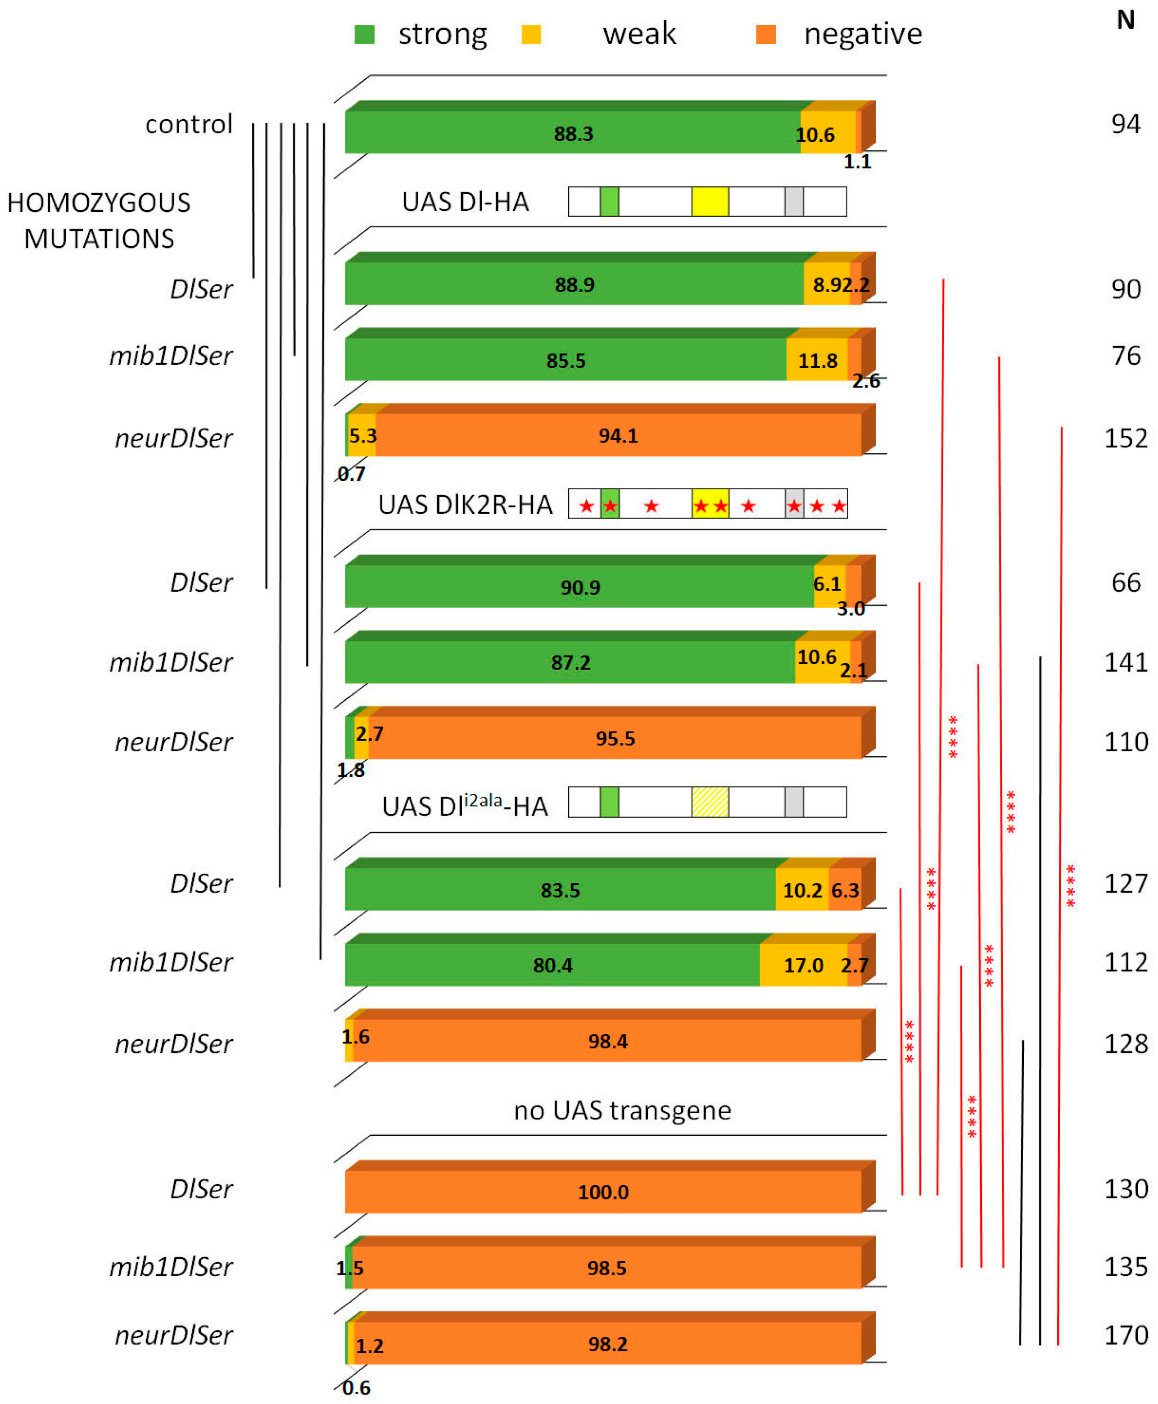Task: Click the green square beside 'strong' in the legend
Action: [x=364, y=34]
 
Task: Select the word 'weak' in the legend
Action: [x=639, y=33]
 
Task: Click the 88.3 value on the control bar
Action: [x=573, y=134]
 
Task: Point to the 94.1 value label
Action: [x=618, y=436]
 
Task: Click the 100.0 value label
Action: [x=603, y=1192]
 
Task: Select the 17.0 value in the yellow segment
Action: [x=803, y=965]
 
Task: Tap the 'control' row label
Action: [x=189, y=124]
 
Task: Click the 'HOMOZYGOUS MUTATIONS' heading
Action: [x=99, y=221]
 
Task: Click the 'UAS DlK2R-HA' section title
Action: [x=465, y=505]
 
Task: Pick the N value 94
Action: [x=1125, y=124]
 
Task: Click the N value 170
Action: [x=1125, y=1335]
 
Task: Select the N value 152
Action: [x=1125, y=438]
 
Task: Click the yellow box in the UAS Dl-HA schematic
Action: [x=710, y=201]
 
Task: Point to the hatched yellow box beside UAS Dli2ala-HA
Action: [x=710, y=802]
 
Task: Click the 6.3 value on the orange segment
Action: [x=845, y=890]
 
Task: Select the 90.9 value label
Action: [x=579, y=587]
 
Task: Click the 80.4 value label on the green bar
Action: [x=552, y=965]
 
